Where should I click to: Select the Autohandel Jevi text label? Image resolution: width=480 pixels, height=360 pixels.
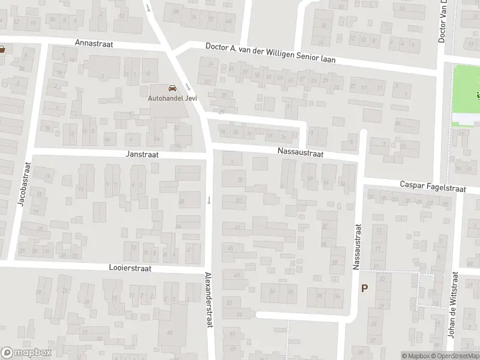(172, 98)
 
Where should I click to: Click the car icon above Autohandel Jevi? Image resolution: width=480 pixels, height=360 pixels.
(172, 88)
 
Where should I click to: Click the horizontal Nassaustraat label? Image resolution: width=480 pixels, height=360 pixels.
(301, 154)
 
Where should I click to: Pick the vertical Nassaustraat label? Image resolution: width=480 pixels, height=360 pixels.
(357, 247)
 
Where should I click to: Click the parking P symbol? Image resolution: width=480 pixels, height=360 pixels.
(364, 289)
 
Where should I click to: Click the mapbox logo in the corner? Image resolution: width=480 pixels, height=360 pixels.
(25, 353)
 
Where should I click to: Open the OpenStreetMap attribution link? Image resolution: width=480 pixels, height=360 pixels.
(454, 356)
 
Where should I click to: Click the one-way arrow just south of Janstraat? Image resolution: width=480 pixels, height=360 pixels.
(209, 200)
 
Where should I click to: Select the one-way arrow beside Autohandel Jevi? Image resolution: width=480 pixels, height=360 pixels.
(188, 85)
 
